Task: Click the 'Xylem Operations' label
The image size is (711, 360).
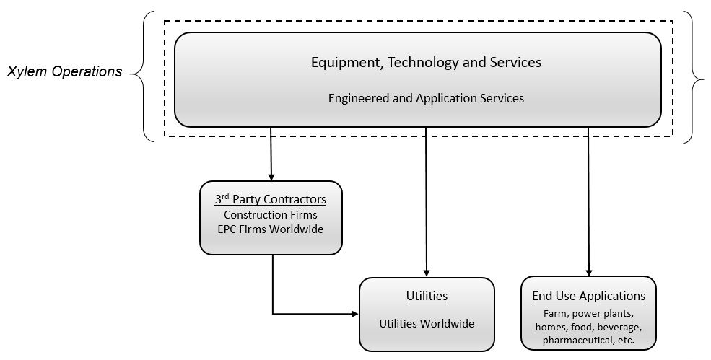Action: pyautogui.click(x=64, y=72)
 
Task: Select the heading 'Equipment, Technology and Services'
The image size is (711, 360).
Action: pyautogui.click(x=426, y=62)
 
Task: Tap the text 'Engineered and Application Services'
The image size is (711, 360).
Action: pyautogui.click(x=426, y=98)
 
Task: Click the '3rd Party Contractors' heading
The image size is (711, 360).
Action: pyautogui.click(x=271, y=199)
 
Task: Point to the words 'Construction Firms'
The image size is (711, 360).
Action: pyautogui.click(x=271, y=214)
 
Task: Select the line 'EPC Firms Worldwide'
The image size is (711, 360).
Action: pyautogui.click(x=271, y=229)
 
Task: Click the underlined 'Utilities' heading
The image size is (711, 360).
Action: pyautogui.click(x=427, y=296)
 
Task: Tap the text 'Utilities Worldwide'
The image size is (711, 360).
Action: pyautogui.click(x=427, y=323)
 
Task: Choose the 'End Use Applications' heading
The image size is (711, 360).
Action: pyautogui.click(x=588, y=296)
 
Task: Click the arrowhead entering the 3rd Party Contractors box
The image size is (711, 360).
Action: pyautogui.click(x=271, y=176)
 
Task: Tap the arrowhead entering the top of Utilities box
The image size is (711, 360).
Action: pyautogui.click(x=427, y=273)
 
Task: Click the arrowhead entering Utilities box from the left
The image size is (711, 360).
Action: pyautogui.click(x=354, y=314)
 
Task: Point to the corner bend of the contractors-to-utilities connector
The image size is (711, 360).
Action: pyautogui.click(x=273, y=314)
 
